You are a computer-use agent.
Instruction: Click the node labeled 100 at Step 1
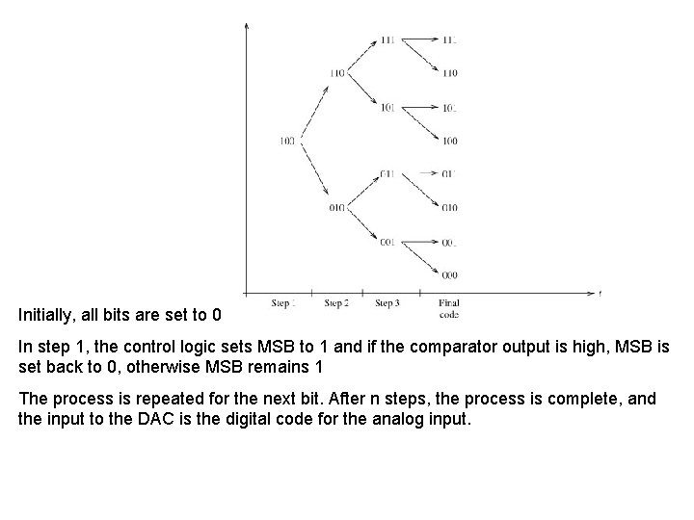click(x=286, y=141)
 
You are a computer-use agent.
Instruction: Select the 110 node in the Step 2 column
click(x=336, y=73)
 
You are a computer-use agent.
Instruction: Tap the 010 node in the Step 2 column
click(x=336, y=207)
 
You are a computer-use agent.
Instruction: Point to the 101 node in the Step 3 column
click(x=387, y=107)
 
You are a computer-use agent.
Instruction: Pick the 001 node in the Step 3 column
click(x=387, y=241)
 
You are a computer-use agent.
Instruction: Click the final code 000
click(x=450, y=274)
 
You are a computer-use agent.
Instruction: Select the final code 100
click(x=450, y=141)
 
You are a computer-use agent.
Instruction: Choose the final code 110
click(x=450, y=73)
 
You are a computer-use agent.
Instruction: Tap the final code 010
click(x=450, y=207)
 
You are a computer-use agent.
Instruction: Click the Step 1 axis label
click(x=283, y=303)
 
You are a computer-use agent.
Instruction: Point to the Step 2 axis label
click(x=336, y=303)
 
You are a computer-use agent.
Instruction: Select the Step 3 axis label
click(x=387, y=303)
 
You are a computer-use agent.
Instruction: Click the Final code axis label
click(x=449, y=308)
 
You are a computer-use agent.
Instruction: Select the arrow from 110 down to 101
click(x=361, y=90)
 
